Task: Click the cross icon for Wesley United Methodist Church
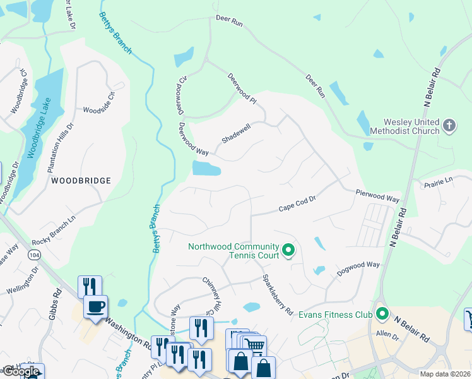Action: [449, 125]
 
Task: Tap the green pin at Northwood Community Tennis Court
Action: [288, 251]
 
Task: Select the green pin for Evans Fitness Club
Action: [382, 313]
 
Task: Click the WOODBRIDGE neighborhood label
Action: [81, 181]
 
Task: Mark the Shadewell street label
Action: [237, 133]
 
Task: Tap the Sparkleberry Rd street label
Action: [278, 294]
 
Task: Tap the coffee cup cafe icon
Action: [96, 307]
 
